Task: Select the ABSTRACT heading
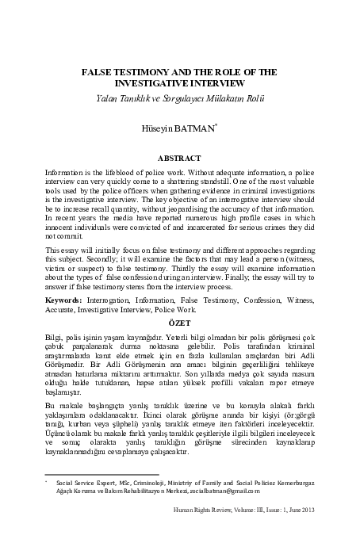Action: [x=180, y=158]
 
